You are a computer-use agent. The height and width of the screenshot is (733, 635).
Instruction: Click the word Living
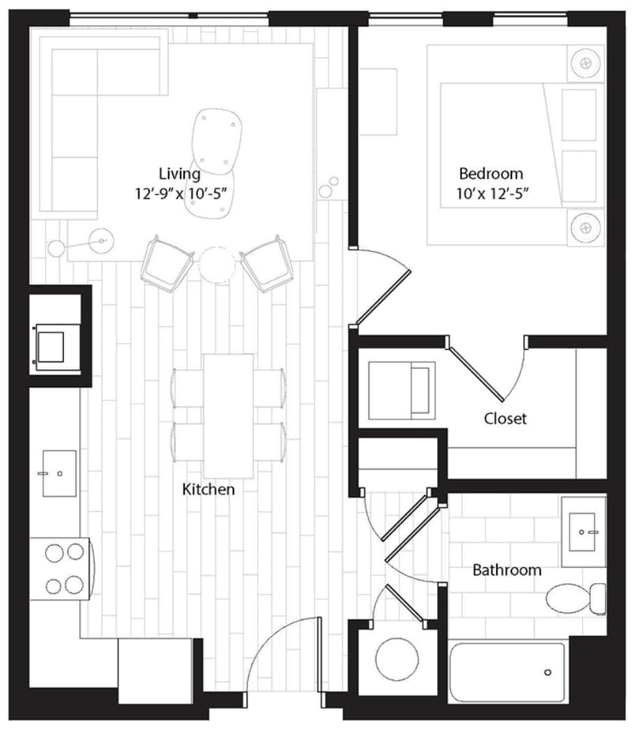pos(179,174)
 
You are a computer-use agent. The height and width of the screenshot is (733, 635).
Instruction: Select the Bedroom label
pos(490,174)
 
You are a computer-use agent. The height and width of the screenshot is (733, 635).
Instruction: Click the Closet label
pos(505,419)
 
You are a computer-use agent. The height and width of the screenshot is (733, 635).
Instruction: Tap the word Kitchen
pos(208,489)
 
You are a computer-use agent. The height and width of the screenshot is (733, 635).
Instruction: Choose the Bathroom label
pos(506,570)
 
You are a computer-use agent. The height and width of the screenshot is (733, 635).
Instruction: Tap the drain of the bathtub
pos(547,672)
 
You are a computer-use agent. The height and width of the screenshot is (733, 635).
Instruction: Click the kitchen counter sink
pos(59,473)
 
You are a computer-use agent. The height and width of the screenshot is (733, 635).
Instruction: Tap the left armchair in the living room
pos(167,264)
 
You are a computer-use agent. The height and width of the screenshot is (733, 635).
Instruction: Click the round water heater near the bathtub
pos(397,657)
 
